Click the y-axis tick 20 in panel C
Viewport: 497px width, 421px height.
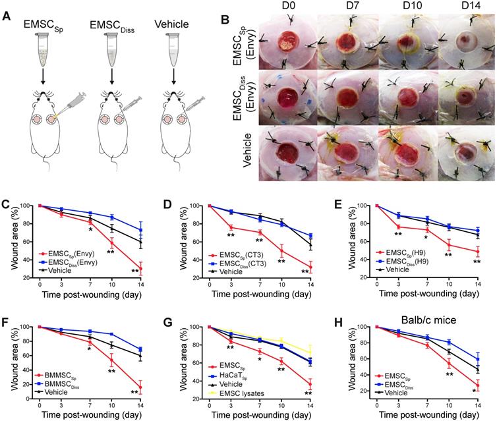[x=32, y=277]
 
